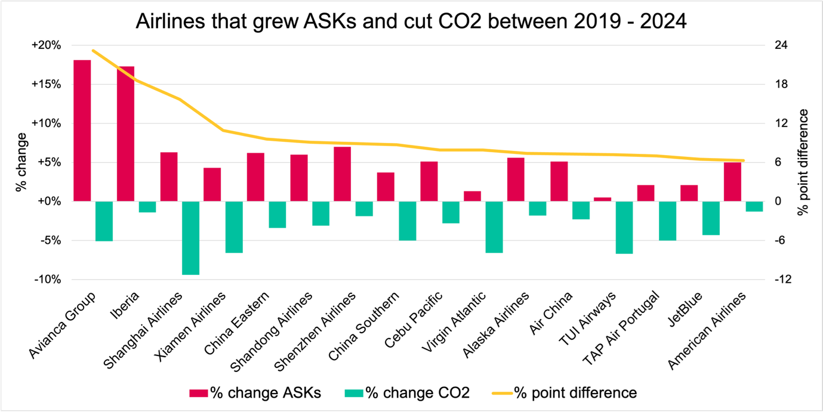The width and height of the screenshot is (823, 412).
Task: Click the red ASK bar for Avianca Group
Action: (x=82, y=131)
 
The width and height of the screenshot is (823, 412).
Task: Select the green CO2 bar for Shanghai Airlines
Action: (x=191, y=238)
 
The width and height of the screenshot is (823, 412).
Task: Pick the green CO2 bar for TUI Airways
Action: (x=624, y=227)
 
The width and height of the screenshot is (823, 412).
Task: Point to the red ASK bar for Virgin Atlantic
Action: (x=472, y=196)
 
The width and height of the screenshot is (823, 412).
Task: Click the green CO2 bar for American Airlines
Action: (x=754, y=206)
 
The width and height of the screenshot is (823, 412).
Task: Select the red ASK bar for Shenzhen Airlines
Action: (x=342, y=174)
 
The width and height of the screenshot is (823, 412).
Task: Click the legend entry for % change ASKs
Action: (x=255, y=393)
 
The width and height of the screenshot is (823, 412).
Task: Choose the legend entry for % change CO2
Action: (x=408, y=393)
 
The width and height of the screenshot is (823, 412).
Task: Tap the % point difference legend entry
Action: (x=565, y=393)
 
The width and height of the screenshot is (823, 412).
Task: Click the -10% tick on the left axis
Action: (x=47, y=280)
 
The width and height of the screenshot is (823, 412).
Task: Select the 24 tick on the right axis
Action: (x=780, y=46)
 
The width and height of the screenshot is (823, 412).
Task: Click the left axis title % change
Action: (x=22, y=162)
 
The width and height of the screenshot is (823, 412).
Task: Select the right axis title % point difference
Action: (x=804, y=162)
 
